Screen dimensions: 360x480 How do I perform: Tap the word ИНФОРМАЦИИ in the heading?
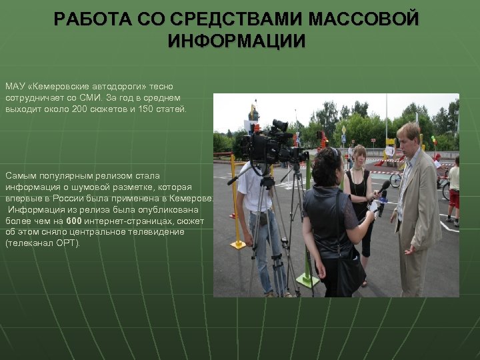pyautogui.click(x=237, y=41)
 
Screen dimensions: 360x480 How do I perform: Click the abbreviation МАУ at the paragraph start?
pyautogui.click(x=14, y=87)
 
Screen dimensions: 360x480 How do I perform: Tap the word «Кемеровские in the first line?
pyautogui.click(x=57, y=87)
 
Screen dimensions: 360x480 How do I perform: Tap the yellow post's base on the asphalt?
pyautogui.click(x=238, y=245)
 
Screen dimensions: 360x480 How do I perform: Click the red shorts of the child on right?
pyautogui.click(x=454, y=198)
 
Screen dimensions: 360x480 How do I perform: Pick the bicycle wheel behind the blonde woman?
pyautogui.click(x=395, y=180)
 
